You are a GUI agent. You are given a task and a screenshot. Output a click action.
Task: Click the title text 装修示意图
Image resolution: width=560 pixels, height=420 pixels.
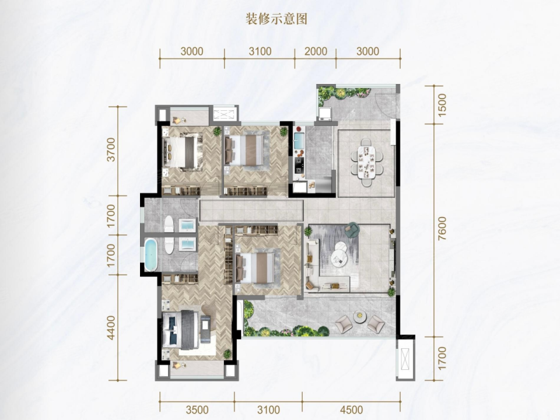276,19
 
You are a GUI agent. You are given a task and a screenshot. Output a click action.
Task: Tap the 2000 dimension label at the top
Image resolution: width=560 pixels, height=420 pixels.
316,51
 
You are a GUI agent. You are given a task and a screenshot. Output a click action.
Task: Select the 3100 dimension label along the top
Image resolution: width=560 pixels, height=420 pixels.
260,51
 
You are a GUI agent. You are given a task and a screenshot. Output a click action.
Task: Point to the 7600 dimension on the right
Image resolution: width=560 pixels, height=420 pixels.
442,228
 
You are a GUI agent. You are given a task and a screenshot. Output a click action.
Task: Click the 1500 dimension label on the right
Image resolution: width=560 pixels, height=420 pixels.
442,105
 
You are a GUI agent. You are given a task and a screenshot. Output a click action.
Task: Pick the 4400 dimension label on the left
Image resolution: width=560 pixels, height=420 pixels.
111,327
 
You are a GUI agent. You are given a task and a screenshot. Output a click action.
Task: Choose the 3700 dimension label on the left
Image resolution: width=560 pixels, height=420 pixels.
111,150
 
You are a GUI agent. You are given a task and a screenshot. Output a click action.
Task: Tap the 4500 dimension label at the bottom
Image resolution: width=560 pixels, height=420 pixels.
351,409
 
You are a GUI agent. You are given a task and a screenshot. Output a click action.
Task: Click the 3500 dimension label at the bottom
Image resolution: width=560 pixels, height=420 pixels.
197,409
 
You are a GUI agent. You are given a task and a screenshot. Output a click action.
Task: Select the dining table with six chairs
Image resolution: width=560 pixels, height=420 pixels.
366,162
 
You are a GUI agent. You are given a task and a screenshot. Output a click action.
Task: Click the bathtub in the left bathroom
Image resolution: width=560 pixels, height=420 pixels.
150,255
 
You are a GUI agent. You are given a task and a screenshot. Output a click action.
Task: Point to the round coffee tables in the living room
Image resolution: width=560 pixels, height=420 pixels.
339,253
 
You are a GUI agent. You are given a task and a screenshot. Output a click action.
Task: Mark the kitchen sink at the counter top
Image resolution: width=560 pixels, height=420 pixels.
299,141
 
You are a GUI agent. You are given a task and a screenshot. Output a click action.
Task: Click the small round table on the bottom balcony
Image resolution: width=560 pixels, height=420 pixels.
360,316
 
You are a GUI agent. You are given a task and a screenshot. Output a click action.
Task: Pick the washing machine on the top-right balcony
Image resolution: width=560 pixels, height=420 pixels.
325,114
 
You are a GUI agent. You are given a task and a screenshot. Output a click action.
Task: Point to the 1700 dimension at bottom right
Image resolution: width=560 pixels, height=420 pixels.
442,358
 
